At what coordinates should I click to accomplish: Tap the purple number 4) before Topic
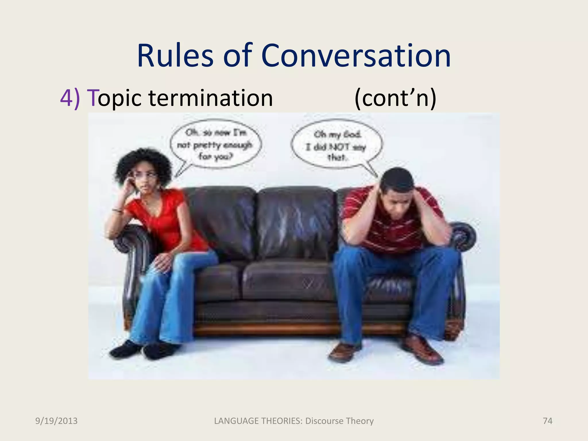(x=70, y=98)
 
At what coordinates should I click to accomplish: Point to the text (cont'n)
(x=395, y=98)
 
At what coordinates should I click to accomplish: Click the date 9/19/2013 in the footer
(x=56, y=421)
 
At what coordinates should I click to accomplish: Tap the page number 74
(x=548, y=421)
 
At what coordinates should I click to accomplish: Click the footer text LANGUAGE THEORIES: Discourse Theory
(x=294, y=421)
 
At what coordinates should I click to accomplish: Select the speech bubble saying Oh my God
(x=336, y=146)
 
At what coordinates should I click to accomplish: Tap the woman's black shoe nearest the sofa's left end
(x=125, y=349)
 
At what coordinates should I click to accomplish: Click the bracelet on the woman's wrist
(x=117, y=210)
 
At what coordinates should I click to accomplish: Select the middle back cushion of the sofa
(x=296, y=221)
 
